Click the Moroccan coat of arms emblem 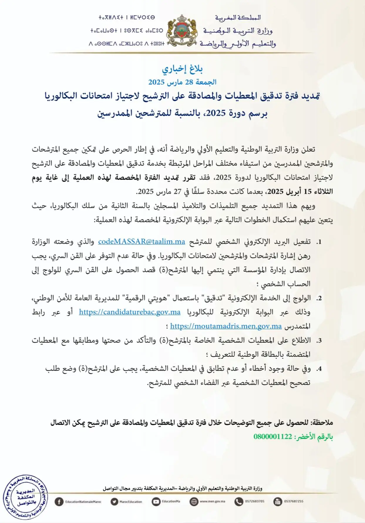point(182,31)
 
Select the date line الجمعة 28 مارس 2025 point(182,82)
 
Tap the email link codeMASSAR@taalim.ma point(142,242)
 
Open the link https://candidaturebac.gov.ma point(129,312)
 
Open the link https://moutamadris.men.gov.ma point(226,326)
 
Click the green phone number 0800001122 point(273,437)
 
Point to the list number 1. point(319,242)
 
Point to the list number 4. point(319,369)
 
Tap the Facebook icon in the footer point(59,502)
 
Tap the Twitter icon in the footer point(114,502)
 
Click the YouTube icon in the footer point(156,502)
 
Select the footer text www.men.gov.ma point(212,502)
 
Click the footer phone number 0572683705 point(255,502)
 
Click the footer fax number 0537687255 point(294,502)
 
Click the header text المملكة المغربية point(238,18)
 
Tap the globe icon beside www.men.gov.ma point(194,502)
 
